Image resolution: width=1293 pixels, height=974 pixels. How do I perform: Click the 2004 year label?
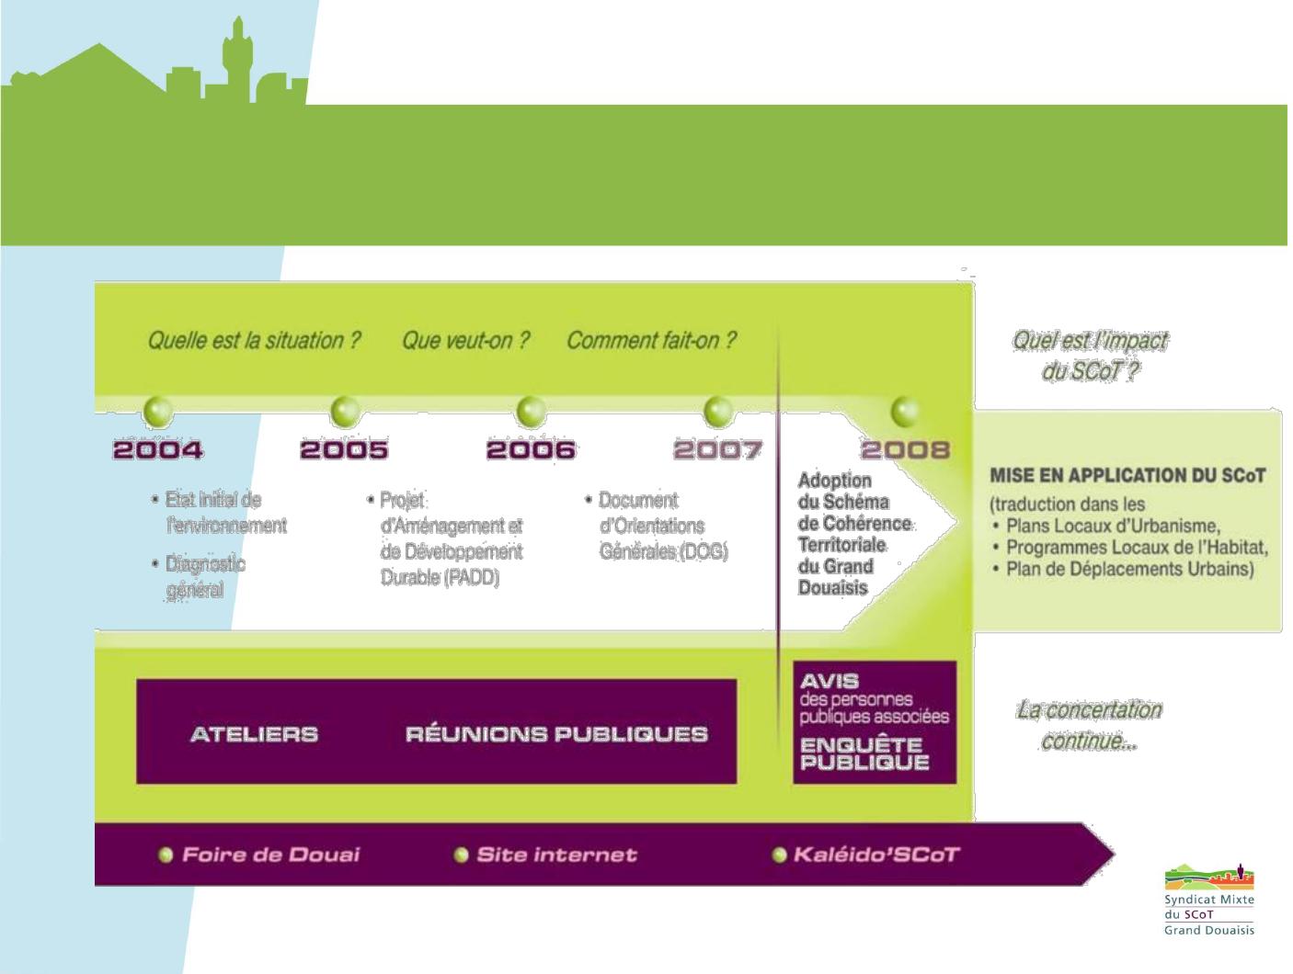coord(158,450)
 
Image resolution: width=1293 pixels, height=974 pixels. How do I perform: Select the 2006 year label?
coord(531,450)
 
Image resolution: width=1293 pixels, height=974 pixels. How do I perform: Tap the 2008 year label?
coord(906,450)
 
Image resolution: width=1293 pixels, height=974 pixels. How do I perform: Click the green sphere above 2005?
coord(345,411)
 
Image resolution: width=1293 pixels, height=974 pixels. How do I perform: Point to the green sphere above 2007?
coord(718,411)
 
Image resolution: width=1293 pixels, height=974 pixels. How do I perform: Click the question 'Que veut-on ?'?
coord(465,340)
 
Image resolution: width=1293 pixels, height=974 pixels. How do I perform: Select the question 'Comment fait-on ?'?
coord(651,340)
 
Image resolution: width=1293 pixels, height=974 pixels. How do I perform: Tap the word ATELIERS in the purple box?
coord(255,734)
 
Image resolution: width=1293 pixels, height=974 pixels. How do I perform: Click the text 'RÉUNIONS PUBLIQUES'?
coord(556,734)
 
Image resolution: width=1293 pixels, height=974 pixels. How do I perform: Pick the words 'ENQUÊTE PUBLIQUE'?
coord(864,753)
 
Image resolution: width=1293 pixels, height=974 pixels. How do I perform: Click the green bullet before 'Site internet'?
coord(462,855)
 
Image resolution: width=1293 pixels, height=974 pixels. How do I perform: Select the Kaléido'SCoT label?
coord(876,855)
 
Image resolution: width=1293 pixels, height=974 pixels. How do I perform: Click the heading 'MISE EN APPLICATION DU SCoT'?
coord(1127,476)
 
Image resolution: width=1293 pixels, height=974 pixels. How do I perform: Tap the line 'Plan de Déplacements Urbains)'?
coord(1130,569)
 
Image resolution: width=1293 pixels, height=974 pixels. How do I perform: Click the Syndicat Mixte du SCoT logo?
coord(1209,900)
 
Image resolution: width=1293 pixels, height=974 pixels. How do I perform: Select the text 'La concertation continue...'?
coord(1089,725)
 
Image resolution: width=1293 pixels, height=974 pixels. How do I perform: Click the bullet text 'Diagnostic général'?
coord(205,577)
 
